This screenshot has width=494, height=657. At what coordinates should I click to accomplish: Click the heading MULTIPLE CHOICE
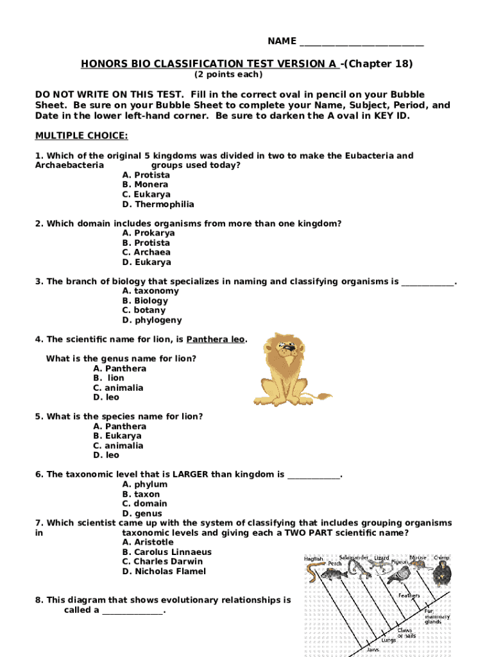click(81, 135)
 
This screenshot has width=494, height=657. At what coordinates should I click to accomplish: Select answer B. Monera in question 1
click(146, 185)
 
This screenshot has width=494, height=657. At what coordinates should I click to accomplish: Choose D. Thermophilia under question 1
click(158, 205)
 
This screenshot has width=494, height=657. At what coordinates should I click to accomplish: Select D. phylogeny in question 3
click(152, 320)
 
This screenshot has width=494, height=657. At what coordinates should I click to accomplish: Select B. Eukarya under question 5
click(118, 436)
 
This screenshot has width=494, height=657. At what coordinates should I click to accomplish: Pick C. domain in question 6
click(146, 504)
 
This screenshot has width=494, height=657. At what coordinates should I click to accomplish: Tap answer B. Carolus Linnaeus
click(167, 552)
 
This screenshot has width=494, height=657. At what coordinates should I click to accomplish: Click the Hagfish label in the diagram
click(313, 559)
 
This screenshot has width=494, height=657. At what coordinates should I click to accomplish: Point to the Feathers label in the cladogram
click(409, 596)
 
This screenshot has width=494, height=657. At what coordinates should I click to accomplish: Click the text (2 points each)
click(228, 75)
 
